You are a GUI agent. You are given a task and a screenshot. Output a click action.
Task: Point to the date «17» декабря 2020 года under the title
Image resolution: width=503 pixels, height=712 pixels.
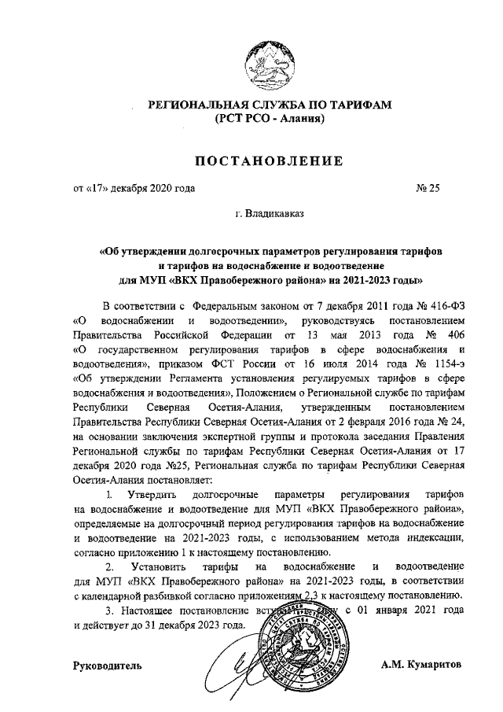click(134, 188)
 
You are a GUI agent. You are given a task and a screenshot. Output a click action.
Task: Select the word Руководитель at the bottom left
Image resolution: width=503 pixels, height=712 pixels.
click(108, 666)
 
